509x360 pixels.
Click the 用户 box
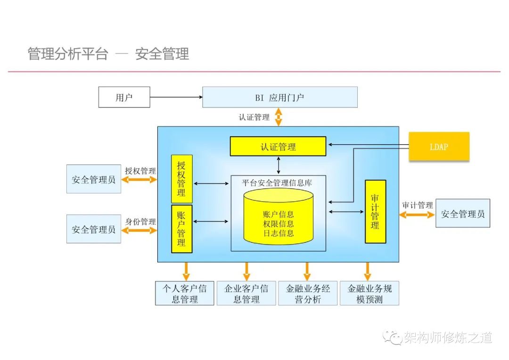click(x=124, y=98)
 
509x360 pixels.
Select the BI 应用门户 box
click(x=279, y=98)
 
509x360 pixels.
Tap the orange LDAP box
click(x=439, y=147)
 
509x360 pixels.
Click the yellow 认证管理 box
click(x=278, y=146)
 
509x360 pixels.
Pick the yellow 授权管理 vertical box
click(x=181, y=179)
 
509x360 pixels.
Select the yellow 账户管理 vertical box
click(x=181, y=229)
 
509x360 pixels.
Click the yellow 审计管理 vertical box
click(x=375, y=212)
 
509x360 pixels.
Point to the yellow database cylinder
click(x=278, y=218)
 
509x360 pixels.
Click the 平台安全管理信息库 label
click(x=277, y=182)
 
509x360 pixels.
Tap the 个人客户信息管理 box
click(x=184, y=293)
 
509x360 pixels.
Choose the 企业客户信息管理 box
click(x=246, y=293)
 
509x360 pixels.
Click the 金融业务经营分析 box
click(x=308, y=293)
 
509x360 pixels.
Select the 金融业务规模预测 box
click(x=369, y=293)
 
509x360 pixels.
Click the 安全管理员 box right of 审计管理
click(x=462, y=213)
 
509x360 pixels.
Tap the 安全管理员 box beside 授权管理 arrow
click(x=93, y=179)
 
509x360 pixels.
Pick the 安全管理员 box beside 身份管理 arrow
click(x=93, y=229)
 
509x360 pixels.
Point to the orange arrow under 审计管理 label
click(x=417, y=214)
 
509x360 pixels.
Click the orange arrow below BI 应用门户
click(x=279, y=117)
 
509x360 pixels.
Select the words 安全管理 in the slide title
click(x=162, y=54)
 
